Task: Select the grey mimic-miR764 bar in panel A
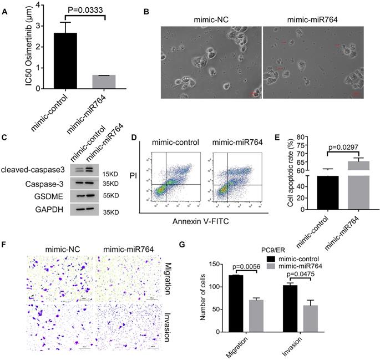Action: coord(104,82)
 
